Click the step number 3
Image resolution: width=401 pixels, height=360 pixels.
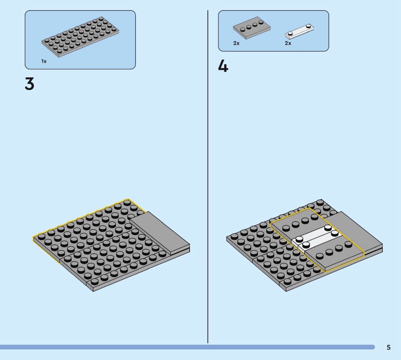click(x=30, y=84)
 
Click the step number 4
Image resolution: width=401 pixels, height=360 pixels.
click(x=223, y=67)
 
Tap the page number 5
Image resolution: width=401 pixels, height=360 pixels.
click(x=388, y=347)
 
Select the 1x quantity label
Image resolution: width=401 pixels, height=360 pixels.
click(x=44, y=61)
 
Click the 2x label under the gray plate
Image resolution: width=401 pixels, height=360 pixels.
click(x=236, y=43)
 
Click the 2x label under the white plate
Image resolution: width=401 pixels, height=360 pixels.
click(x=288, y=43)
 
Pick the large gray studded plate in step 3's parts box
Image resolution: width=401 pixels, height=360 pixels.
click(x=81, y=37)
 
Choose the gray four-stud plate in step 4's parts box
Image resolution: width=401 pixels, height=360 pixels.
click(x=252, y=28)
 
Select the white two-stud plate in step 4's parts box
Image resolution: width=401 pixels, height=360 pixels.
click(x=299, y=32)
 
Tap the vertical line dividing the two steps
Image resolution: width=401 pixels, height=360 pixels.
click(x=208, y=176)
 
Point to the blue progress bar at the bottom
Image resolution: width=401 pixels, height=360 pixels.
click(x=187, y=347)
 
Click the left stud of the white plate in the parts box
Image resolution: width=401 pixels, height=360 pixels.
click(x=291, y=33)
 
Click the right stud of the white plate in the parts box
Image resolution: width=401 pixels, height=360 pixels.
click(x=309, y=26)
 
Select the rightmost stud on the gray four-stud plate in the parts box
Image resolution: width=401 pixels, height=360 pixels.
click(x=261, y=22)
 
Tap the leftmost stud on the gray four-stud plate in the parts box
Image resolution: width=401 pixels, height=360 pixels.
click(x=243, y=29)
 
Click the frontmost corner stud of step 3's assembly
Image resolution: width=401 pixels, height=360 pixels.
click(x=95, y=282)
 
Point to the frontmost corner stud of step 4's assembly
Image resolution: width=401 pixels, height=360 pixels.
click(x=288, y=281)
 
